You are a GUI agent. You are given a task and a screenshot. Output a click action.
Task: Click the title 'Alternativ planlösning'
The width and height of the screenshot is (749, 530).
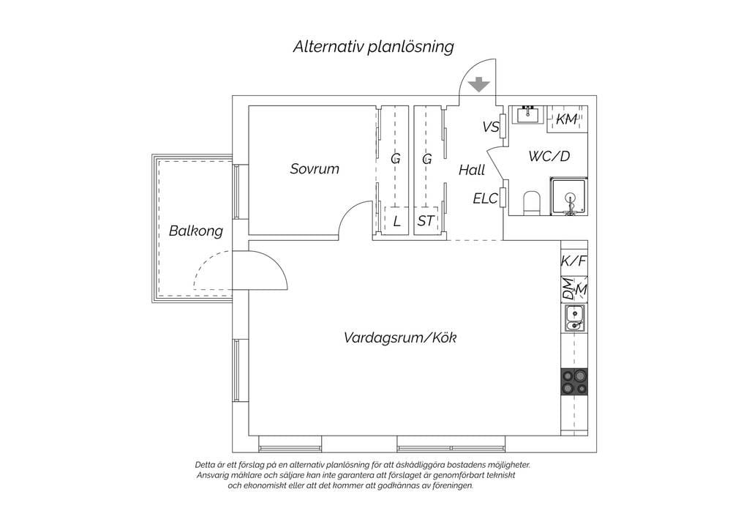pyautogui.click(x=373, y=47)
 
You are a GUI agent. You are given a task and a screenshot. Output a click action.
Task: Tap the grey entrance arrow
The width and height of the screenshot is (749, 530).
pyautogui.click(x=479, y=84)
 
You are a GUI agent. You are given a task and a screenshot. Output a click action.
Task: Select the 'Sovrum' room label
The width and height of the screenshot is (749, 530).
pyautogui.click(x=315, y=169)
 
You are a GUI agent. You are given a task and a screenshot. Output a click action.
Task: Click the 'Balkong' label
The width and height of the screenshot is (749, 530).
pyautogui.click(x=195, y=231)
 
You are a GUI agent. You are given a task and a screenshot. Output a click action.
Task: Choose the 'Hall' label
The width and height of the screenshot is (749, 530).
pyautogui.click(x=472, y=171)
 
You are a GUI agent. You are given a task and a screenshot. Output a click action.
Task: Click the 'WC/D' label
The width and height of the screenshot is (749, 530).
pyautogui.click(x=549, y=157)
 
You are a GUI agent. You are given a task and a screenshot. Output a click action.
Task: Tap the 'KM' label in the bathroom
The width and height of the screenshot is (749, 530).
pyautogui.click(x=567, y=119)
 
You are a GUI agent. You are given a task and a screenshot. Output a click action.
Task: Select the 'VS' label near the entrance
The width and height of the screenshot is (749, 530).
pyautogui.click(x=490, y=127)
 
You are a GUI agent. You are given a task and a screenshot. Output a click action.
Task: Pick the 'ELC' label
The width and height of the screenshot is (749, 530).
pyautogui.click(x=485, y=198)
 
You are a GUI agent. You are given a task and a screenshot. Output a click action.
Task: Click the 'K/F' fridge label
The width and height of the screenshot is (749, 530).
pyautogui.click(x=574, y=261)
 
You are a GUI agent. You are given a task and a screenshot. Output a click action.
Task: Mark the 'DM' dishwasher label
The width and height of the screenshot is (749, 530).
pyautogui.click(x=568, y=289)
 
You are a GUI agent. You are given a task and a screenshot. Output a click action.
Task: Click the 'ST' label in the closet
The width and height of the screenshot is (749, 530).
pyautogui.click(x=426, y=221)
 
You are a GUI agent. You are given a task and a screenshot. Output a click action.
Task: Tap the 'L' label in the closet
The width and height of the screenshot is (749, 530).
pyautogui.click(x=396, y=221)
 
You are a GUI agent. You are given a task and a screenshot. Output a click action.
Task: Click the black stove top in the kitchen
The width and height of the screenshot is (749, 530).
pyautogui.click(x=574, y=381)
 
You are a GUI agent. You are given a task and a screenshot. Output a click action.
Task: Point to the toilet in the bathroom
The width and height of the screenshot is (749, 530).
pyautogui.click(x=532, y=202)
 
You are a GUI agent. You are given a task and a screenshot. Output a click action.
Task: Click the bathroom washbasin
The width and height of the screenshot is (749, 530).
pyautogui.click(x=527, y=115)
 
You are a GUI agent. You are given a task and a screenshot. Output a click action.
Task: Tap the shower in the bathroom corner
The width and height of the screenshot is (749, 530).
pyautogui.click(x=568, y=197)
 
